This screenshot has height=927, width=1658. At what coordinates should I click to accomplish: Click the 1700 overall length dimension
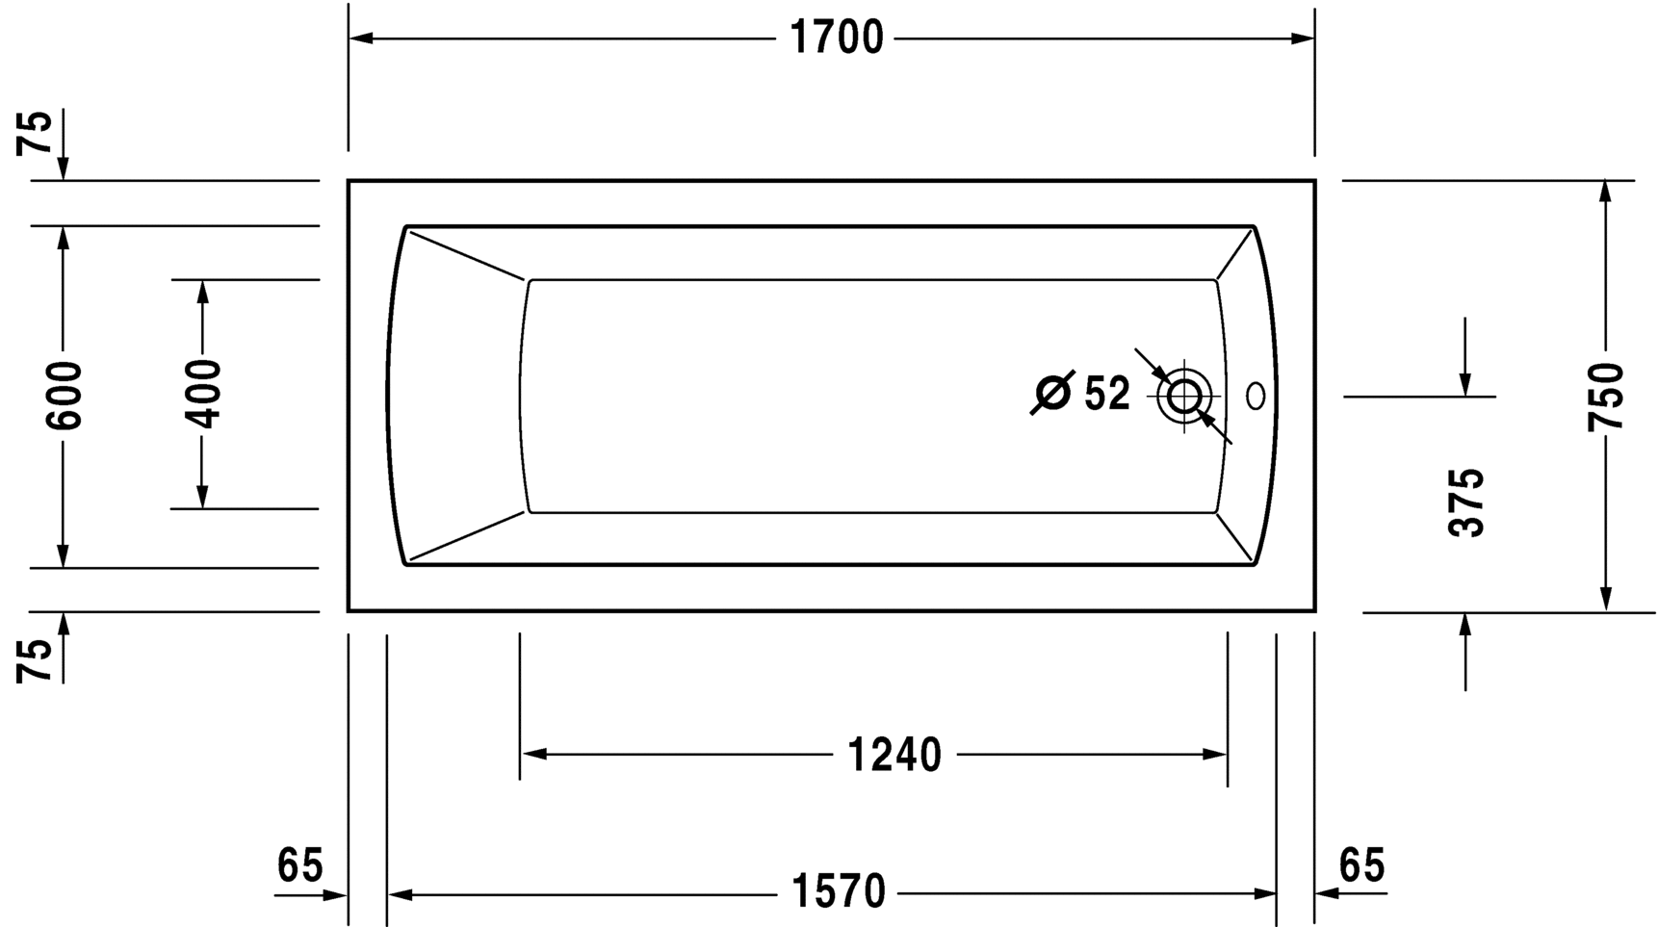pos(836,39)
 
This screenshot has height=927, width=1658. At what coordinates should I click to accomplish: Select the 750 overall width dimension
pos(1606,397)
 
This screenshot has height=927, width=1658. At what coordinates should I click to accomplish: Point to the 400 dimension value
pos(203,393)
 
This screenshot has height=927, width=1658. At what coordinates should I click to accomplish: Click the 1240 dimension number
pos(894,756)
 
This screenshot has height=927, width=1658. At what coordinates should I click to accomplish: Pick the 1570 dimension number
pos(839,892)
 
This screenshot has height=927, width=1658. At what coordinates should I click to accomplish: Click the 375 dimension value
pos(1467,502)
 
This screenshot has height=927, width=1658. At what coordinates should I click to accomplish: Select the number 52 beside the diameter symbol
pos(1107,394)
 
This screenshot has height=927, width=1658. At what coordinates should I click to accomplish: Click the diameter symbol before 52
pos(1051,393)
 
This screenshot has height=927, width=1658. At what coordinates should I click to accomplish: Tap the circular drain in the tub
pos(1184,396)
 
